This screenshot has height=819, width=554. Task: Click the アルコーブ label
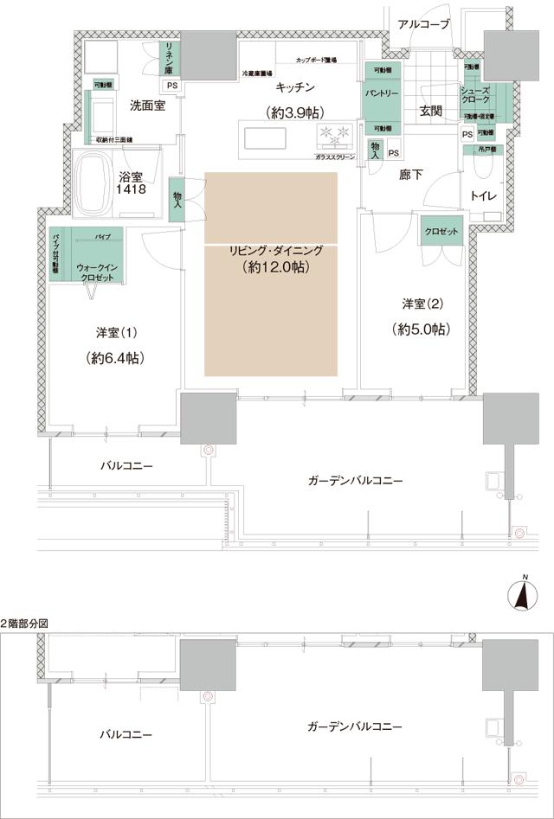(x=423, y=24)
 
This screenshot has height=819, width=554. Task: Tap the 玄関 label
(x=430, y=110)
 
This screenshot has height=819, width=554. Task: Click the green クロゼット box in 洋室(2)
(x=442, y=233)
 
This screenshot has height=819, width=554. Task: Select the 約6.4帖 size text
(x=114, y=358)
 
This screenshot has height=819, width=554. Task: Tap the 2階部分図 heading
(x=26, y=623)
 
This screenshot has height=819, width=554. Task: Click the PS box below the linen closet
(x=171, y=86)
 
